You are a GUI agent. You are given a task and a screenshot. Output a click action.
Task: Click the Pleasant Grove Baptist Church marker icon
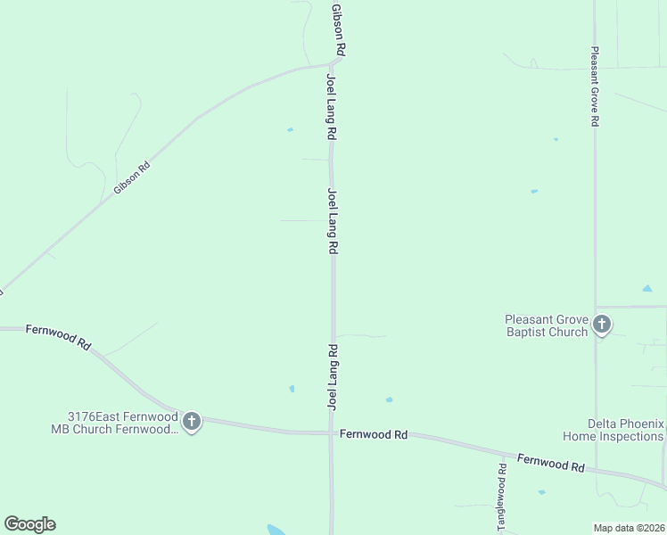coord(602,325)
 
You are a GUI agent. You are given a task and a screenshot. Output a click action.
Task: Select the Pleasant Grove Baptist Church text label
coord(546,325)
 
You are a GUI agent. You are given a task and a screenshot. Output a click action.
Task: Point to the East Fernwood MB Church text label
coord(123,422)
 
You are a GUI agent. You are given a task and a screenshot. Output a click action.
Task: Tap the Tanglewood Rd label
coord(503,496)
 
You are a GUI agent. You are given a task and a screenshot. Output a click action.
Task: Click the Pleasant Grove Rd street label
coord(595,87)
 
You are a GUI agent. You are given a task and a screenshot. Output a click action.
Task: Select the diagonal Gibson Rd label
coord(132,177)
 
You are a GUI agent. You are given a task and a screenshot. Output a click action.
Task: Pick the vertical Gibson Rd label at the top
coord(337,29)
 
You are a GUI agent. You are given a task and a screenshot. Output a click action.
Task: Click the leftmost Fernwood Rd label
coord(59,335)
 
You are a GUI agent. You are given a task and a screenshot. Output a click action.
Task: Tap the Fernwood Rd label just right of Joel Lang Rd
coord(373,434)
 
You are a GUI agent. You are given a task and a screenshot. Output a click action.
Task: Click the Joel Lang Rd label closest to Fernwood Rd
coord(333,377)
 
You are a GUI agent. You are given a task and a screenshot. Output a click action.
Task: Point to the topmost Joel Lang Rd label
coord(332,107)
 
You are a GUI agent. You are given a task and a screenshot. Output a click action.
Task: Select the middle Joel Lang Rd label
coord(333,220)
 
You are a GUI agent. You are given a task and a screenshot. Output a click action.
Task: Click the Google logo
coord(29,523)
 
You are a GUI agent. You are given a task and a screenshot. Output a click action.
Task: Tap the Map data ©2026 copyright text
coord(629,528)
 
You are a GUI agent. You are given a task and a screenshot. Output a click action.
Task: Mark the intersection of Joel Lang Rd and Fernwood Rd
coord(333,433)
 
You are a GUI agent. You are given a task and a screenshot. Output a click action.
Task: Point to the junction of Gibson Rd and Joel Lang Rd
coord(335,62)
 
